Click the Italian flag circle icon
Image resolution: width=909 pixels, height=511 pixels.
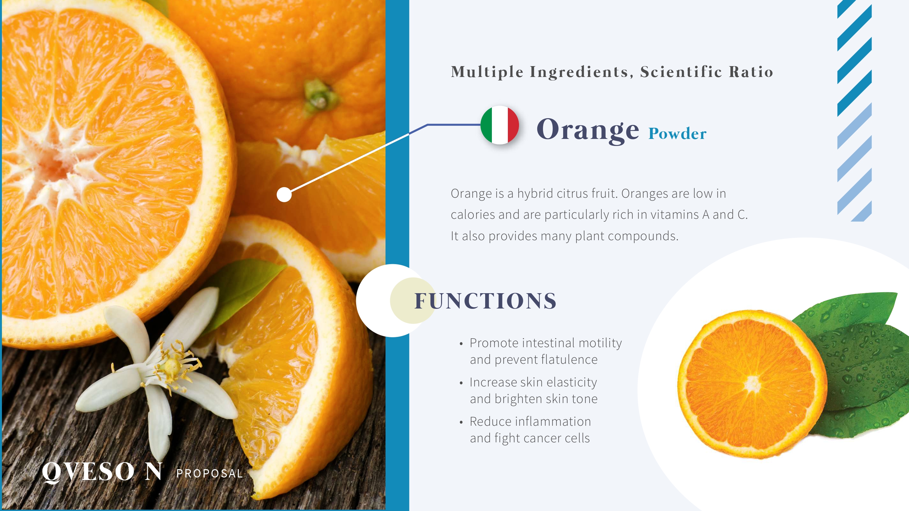pyautogui.click(x=500, y=125)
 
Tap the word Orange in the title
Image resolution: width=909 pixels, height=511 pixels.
pyautogui.click(x=588, y=130)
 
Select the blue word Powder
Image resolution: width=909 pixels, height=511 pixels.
pyautogui.click(x=677, y=133)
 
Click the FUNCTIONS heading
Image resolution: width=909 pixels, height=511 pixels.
pyautogui.click(x=485, y=301)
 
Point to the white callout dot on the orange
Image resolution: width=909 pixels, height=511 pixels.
pyautogui.click(x=284, y=194)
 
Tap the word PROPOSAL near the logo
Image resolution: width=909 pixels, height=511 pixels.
pyautogui.click(x=210, y=473)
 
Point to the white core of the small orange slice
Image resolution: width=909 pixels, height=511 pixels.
pyautogui.click(x=752, y=384)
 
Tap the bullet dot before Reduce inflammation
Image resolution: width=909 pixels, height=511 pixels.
pyautogui.click(x=461, y=423)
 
